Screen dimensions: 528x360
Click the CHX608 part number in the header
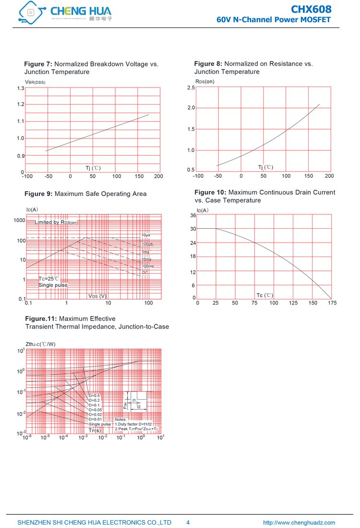coord(311,9)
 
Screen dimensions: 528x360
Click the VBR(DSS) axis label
coord(35,82)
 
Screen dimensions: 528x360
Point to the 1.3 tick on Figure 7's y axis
coord(20,88)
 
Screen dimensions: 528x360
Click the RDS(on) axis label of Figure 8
coord(204,81)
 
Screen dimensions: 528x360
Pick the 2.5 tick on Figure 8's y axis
coord(191,87)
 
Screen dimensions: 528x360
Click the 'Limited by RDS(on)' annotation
coord(56,222)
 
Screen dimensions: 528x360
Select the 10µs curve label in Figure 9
coord(146,235)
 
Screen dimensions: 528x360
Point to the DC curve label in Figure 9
coord(144,272)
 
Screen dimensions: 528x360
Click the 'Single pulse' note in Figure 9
coord(53,285)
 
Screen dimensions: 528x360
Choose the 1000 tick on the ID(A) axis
coord(19,221)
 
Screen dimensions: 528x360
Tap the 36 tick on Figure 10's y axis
coord(193,215)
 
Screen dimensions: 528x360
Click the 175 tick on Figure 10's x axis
coord(332,303)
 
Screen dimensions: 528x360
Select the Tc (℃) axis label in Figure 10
coord(264,295)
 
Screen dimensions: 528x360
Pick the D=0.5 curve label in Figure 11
coord(94,395)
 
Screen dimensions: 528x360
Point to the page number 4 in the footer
coord(188,523)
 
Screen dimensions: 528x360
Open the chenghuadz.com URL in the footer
coord(299,523)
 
